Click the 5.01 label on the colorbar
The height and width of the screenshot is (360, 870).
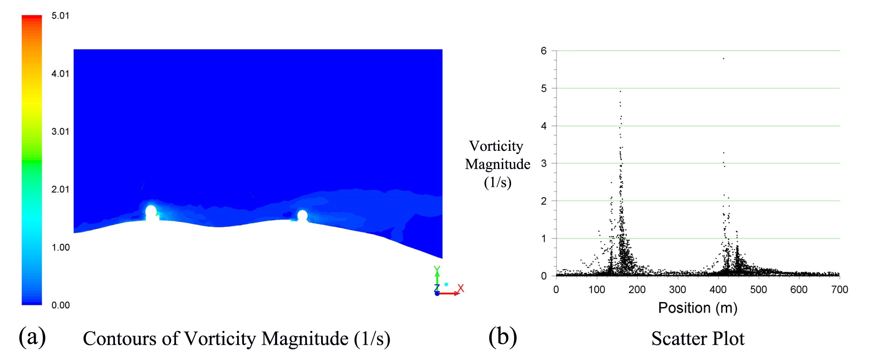[x=60, y=16]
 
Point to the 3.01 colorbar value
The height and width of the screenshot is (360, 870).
[x=60, y=131]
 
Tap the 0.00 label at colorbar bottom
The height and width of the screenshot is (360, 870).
[x=60, y=305]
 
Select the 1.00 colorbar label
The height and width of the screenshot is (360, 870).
[x=60, y=247]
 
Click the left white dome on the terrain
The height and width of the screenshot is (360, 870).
[x=151, y=211]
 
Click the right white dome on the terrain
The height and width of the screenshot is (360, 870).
[x=302, y=215]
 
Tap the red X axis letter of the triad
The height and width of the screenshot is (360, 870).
[x=461, y=288]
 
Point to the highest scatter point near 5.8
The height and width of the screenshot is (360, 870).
[x=723, y=58]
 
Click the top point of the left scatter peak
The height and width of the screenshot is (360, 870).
[x=620, y=91]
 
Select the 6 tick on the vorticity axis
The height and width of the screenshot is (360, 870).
[x=544, y=51]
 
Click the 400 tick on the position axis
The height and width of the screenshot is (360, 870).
[x=718, y=289]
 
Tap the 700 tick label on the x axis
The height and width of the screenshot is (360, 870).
[x=839, y=289]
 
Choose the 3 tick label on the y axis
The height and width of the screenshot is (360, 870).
[x=544, y=163]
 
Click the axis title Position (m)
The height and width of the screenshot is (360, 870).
[x=698, y=308]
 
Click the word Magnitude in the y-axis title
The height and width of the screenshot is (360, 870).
[x=498, y=164]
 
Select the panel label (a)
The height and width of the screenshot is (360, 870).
[x=32, y=337]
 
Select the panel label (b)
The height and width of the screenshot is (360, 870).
[x=503, y=337]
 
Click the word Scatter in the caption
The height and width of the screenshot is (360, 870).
[x=674, y=339]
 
